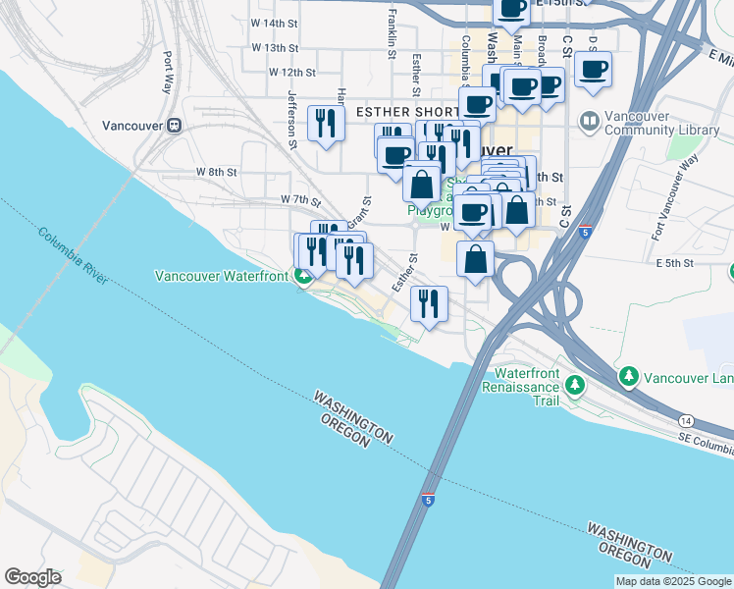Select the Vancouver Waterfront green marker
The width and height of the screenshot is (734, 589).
click(304, 276)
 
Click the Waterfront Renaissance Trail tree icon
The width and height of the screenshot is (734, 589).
click(577, 383)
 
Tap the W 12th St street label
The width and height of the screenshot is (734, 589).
click(292, 72)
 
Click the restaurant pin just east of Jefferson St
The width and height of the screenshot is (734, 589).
click(325, 124)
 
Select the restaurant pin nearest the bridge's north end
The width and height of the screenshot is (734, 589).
click(429, 302)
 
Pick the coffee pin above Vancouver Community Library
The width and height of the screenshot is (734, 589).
click(593, 70)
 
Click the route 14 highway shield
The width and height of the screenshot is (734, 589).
click(684, 419)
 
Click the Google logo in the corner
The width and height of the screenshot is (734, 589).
click(32, 577)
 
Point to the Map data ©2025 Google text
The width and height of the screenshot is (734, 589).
click(673, 581)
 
